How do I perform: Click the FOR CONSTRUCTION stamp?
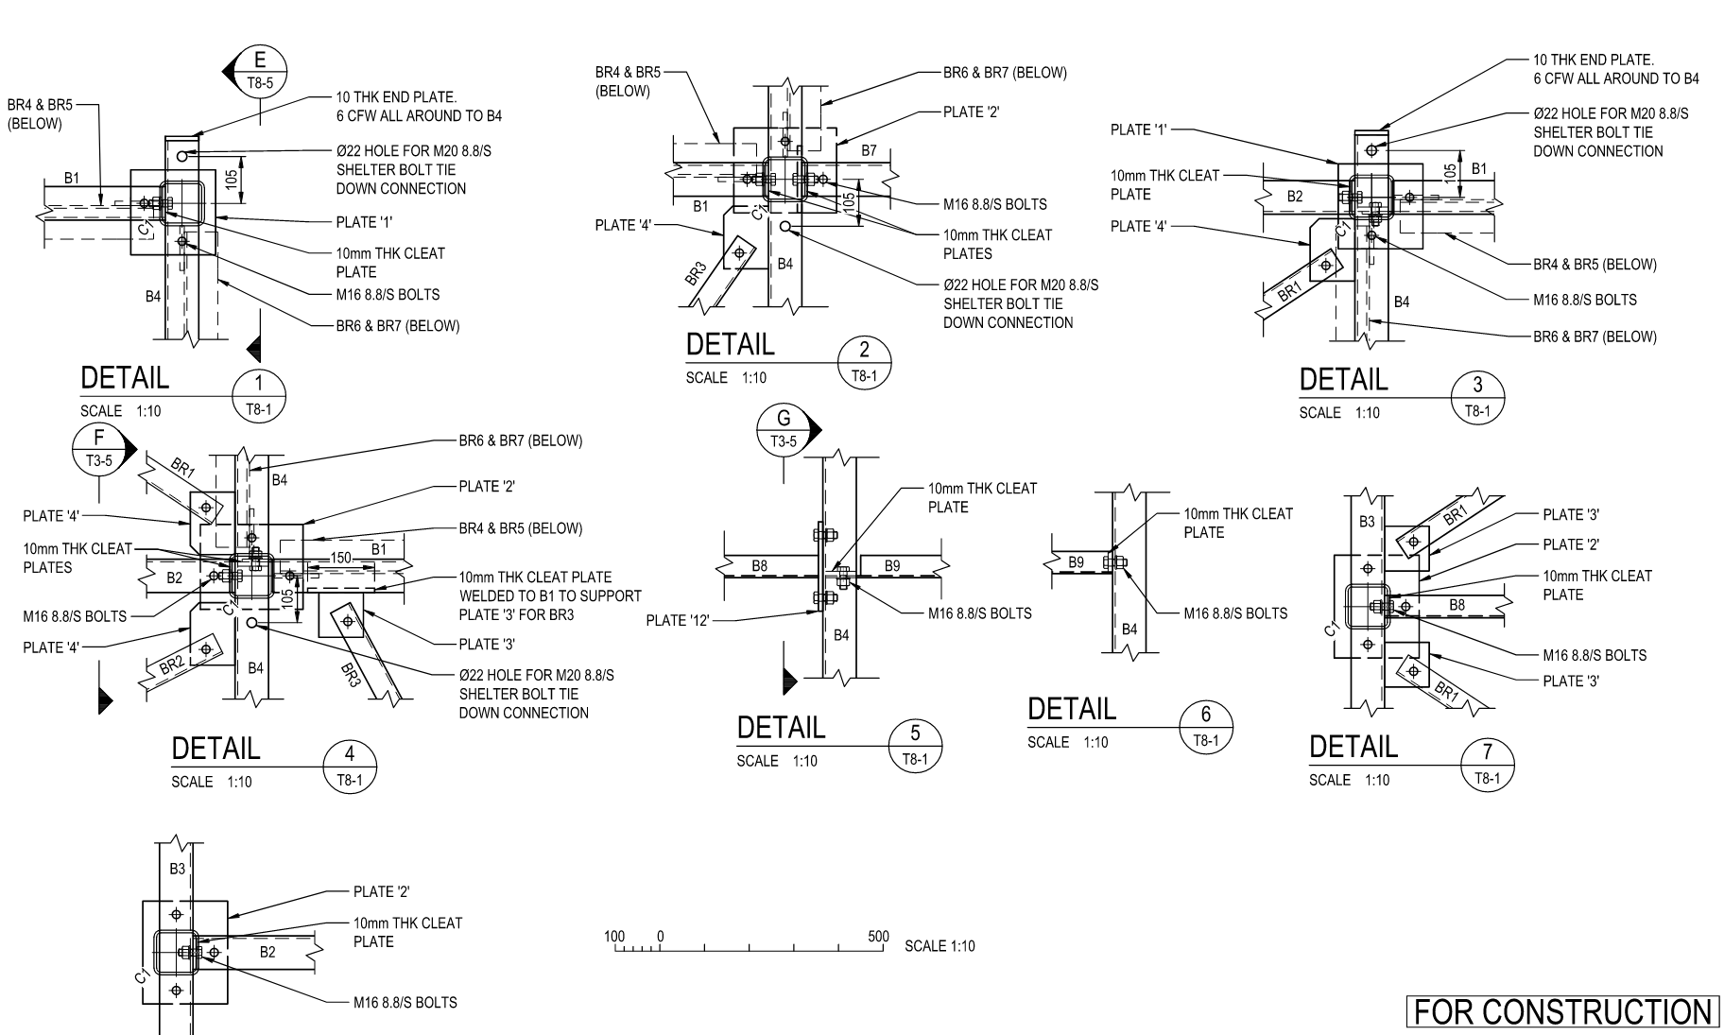(x=1561, y=1012)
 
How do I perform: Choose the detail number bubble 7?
(x=1487, y=765)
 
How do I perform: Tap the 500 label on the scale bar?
(x=878, y=937)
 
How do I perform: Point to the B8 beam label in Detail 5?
(x=760, y=566)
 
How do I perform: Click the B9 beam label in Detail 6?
(x=1076, y=562)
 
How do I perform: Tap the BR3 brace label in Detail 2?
(x=696, y=275)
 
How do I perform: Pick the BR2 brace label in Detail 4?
(x=171, y=664)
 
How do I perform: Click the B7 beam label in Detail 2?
(x=869, y=150)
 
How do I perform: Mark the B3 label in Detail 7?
(x=1367, y=522)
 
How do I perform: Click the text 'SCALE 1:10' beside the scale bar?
(x=940, y=946)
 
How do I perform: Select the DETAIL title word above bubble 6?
(x=1072, y=710)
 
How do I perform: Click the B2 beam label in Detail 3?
(x=1295, y=197)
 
